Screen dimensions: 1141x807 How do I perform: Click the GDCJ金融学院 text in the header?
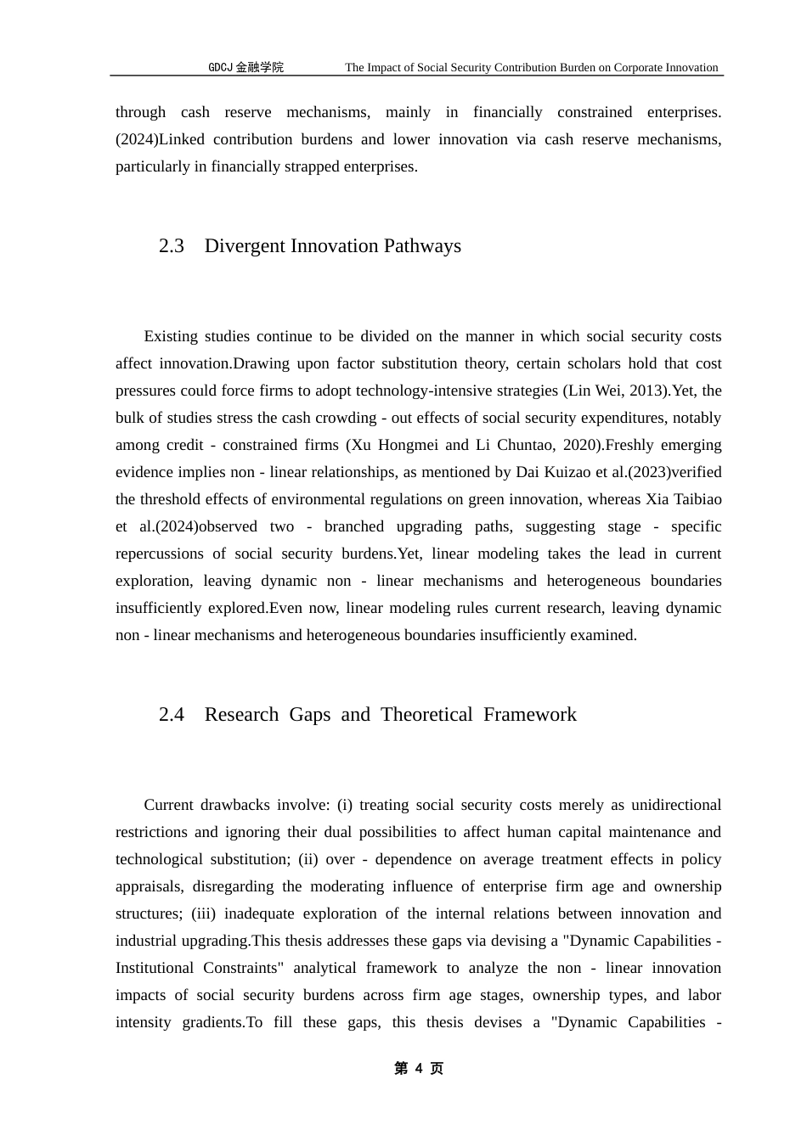point(246,68)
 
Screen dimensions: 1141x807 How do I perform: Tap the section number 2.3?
point(172,246)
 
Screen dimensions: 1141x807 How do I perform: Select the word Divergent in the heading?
point(245,246)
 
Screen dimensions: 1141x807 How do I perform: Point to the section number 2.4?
point(172,715)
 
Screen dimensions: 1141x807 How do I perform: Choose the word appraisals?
point(149,886)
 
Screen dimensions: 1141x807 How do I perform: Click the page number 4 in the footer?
point(419,1069)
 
